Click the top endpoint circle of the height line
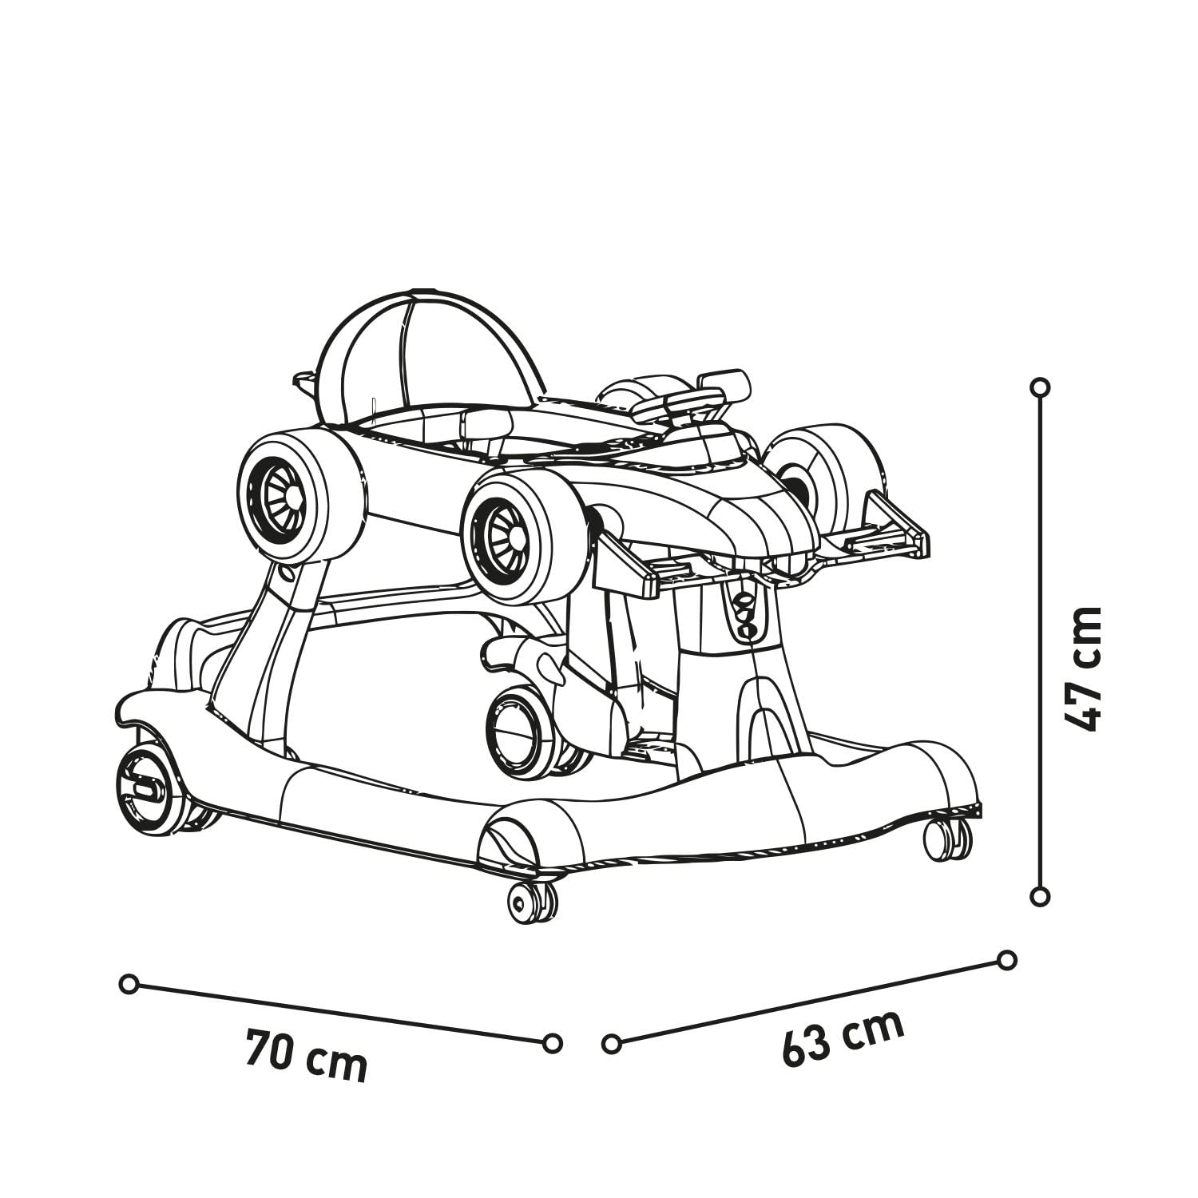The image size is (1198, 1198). [x=1040, y=387]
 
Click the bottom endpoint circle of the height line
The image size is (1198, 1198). [x=1040, y=896]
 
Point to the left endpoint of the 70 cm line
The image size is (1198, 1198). [x=129, y=984]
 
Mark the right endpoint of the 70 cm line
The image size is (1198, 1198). [x=552, y=1043]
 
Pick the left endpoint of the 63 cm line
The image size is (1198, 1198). [x=612, y=1043]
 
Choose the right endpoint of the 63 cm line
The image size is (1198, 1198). [x=1007, y=960]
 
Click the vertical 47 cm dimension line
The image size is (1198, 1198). [x=1040, y=641]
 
